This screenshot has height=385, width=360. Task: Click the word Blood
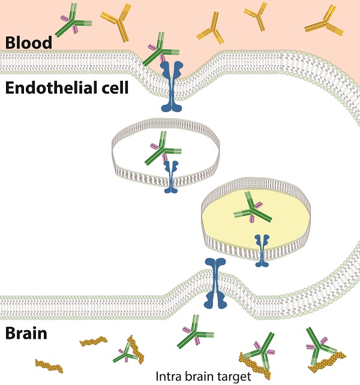pyautogui.click(x=28, y=43)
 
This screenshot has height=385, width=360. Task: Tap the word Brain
pyautogui.click(x=26, y=333)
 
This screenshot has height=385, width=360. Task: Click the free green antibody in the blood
pyautogui.click(x=73, y=21)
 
